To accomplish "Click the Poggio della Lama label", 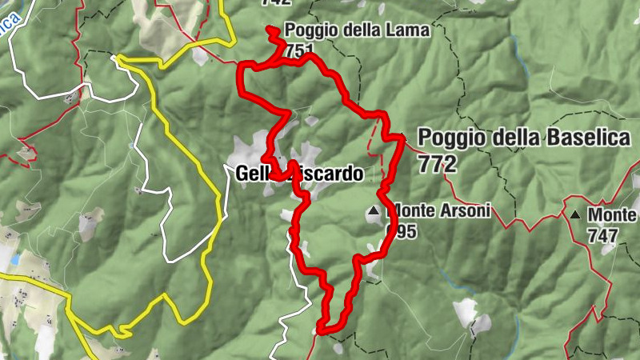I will coord(357,30).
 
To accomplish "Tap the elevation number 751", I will coord(298,50).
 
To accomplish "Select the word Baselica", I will coord(589,137).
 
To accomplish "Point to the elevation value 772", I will coord(437,163).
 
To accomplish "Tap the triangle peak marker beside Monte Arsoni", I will coord(373,211).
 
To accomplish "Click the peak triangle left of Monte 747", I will coord(575,214).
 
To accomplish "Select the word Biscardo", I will coord(328,173).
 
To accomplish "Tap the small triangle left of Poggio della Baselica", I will coord(404,138).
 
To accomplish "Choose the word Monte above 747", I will coord(613,214).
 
